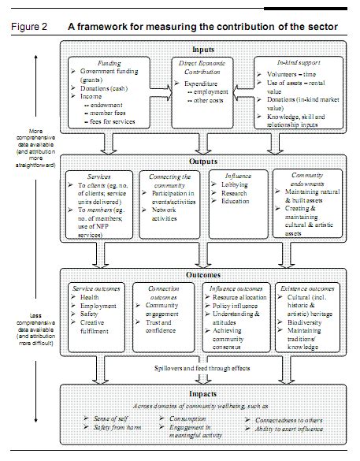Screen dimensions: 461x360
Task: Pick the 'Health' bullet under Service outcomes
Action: click(88, 297)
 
